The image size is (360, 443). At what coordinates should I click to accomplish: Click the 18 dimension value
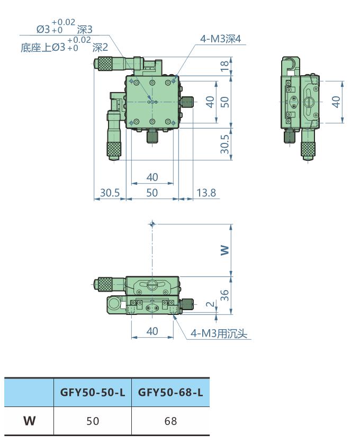[225, 66]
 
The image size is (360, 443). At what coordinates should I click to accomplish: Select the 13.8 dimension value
[206, 193]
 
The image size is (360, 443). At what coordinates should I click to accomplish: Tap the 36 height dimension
[225, 295]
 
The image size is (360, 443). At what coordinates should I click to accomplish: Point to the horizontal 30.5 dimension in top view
[110, 193]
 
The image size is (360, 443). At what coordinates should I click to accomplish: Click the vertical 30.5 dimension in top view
[225, 144]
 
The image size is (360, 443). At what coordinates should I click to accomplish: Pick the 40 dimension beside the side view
[335, 102]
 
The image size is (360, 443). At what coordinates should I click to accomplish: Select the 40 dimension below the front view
[152, 331]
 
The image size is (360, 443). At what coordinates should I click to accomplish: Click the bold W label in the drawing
[225, 249]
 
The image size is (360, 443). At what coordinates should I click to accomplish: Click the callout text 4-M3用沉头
[219, 333]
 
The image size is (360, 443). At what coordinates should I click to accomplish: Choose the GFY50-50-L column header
[93, 393]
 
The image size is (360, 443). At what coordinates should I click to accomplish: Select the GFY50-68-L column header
[170, 393]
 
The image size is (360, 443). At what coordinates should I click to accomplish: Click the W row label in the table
[29, 421]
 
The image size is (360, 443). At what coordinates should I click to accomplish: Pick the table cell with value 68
[170, 421]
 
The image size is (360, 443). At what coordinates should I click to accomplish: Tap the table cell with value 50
[93, 421]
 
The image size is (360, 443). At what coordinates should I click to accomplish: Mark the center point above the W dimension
[152, 224]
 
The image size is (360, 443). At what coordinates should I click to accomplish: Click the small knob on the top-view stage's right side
[188, 102]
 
